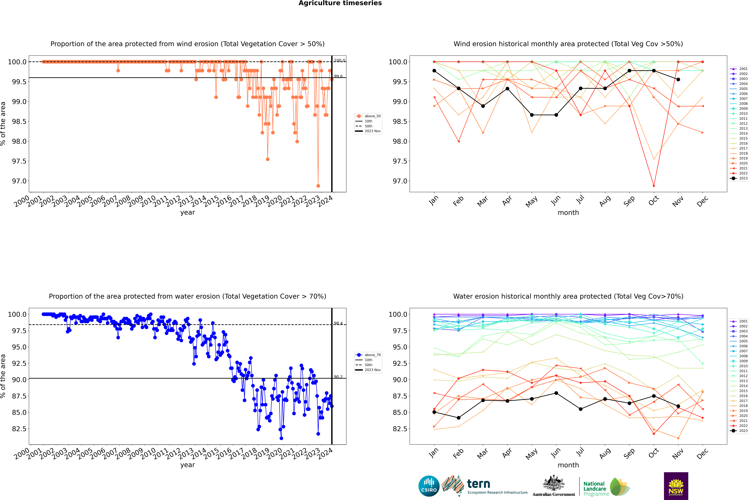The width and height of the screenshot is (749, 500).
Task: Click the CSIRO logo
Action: pyautogui.click(x=429, y=486)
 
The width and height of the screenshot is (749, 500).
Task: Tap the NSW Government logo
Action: pyautogui.click(x=676, y=486)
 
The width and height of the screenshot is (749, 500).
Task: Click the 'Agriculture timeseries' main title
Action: pyautogui.click(x=340, y=3)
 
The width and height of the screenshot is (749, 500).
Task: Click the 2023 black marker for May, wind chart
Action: pyautogui.click(x=532, y=115)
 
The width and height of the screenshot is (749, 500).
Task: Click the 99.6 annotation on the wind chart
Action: pyautogui.click(x=338, y=76)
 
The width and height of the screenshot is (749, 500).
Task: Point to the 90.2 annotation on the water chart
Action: pyautogui.click(x=338, y=377)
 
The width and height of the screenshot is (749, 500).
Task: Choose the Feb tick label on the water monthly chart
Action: pyautogui.click(x=458, y=453)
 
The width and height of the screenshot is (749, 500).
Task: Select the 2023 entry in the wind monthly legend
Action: pyautogui.click(x=739, y=178)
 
